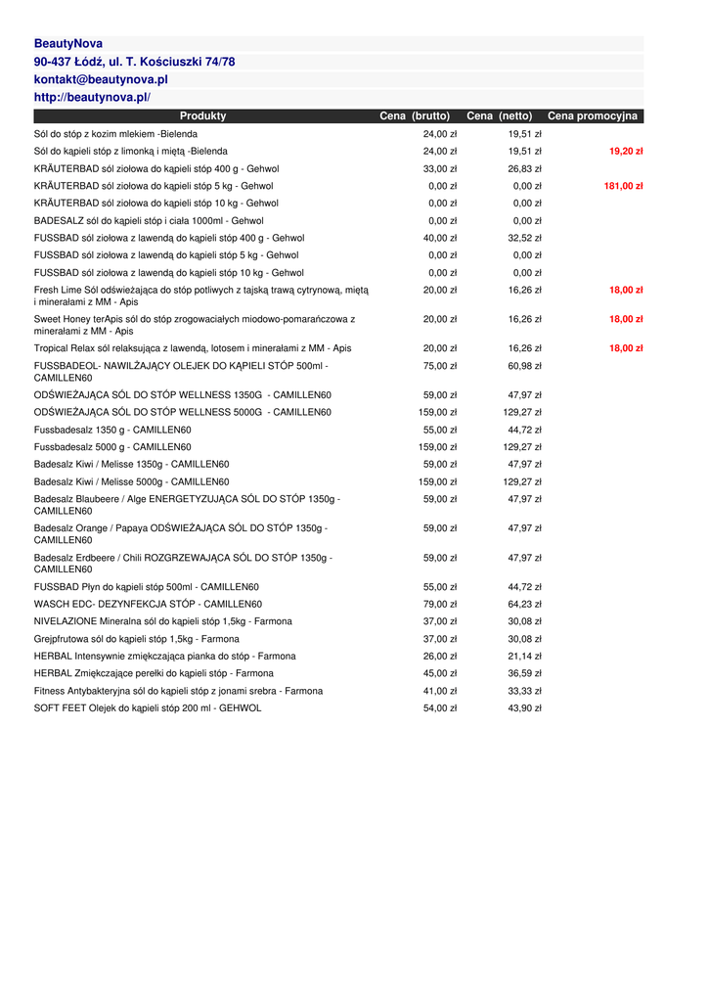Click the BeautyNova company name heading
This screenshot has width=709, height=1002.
68,44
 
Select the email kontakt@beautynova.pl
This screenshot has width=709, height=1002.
101,79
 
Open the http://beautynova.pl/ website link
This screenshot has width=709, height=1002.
92,98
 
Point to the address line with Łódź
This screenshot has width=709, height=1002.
134,62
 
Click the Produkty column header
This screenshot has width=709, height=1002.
202,116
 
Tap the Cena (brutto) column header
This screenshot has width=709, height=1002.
415,116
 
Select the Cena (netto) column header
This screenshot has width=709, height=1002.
499,116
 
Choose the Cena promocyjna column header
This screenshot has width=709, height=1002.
592,116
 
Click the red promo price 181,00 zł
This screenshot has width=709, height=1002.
623,186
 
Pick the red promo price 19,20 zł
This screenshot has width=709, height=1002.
626,152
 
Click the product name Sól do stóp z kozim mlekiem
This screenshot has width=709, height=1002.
115,134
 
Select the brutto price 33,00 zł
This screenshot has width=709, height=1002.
440,169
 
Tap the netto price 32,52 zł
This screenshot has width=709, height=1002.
524,238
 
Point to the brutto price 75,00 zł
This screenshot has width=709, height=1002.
440,366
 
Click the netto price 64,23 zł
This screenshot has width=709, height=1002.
524,605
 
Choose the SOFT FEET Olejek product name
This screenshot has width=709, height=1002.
148,708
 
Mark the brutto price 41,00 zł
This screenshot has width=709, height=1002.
440,691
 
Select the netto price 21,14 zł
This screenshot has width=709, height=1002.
524,657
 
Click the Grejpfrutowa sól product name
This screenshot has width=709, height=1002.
136,639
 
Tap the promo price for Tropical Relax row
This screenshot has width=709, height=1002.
626,348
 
